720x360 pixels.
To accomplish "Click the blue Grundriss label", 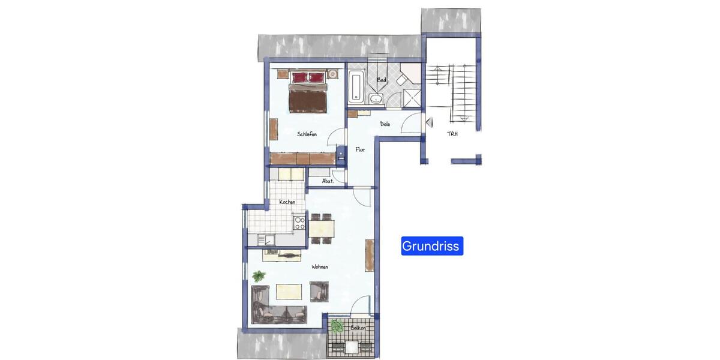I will (432, 246).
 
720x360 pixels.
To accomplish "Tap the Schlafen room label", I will (307, 134).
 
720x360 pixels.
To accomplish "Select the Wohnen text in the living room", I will (320, 267).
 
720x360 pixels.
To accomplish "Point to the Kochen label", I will (287, 202).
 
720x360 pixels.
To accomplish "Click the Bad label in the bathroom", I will (381, 80).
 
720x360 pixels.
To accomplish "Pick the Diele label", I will (385, 124).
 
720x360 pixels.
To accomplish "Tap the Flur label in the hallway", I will (360, 150).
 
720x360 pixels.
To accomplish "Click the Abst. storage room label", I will (328, 180).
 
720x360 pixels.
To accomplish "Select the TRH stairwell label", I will (452, 134).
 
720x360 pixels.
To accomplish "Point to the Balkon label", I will (350, 329).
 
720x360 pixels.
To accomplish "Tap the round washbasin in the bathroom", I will (376, 99).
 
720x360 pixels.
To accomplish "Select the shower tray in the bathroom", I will (411, 97).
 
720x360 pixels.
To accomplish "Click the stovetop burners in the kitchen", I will (299, 223).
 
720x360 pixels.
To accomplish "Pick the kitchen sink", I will (268, 240).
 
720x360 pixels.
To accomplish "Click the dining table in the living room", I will (322, 228).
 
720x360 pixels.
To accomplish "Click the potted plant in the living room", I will (259, 276).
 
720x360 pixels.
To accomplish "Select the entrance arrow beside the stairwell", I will (428, 122).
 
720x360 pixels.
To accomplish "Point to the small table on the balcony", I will (350, 346).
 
